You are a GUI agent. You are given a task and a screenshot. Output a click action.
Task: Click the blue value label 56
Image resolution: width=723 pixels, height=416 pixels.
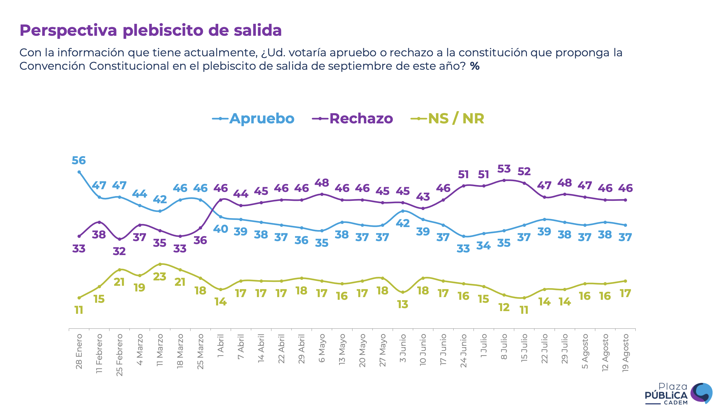[x=79, y=161]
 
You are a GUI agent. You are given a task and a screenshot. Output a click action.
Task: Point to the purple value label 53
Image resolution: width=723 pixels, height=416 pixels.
[x=504, y=169]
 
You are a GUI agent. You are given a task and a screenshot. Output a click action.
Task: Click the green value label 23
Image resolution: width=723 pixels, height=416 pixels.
[x=160, y=277]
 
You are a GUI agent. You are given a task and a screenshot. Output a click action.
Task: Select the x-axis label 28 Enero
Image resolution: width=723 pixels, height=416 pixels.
[x=79, y=352]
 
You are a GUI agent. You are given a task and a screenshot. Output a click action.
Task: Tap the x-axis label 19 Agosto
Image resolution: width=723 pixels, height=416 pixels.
[x=625, y=353]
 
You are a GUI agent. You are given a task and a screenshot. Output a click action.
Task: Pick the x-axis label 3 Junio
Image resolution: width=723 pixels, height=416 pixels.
[x=403, y=348]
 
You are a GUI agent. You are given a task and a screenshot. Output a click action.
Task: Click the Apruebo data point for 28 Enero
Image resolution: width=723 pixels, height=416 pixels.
[x=79, y=172]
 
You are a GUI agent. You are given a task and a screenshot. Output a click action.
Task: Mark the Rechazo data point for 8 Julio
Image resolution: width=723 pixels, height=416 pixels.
[x=504, y=180]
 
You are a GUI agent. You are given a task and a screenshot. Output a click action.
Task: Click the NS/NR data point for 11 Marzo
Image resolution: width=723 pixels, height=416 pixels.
[x=160, y=264]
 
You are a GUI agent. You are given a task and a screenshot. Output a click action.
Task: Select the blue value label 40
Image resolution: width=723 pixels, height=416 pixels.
[x=221, y=229]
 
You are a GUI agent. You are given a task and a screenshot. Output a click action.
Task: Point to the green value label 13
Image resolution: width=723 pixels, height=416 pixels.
[x=403, y=304]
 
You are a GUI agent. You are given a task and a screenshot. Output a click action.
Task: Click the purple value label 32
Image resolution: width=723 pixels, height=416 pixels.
[x=119, y=251]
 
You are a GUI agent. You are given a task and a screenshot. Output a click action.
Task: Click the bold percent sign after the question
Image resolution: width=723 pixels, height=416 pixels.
[x=475, y=66]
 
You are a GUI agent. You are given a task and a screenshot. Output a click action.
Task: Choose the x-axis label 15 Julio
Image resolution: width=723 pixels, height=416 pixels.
[x=524, y=348]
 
